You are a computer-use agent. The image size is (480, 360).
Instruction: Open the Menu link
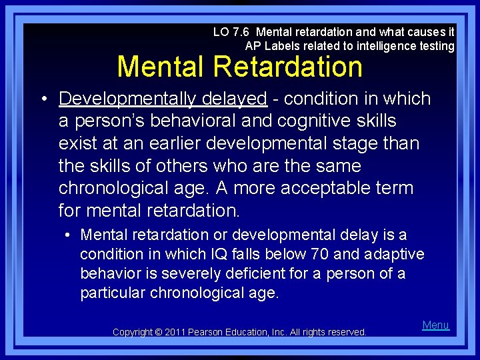(435, 325)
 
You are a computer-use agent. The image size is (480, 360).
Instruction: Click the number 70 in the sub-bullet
(319, 254)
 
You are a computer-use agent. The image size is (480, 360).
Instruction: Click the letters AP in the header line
(252, 46)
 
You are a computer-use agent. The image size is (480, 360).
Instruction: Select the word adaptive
(397, 254)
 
